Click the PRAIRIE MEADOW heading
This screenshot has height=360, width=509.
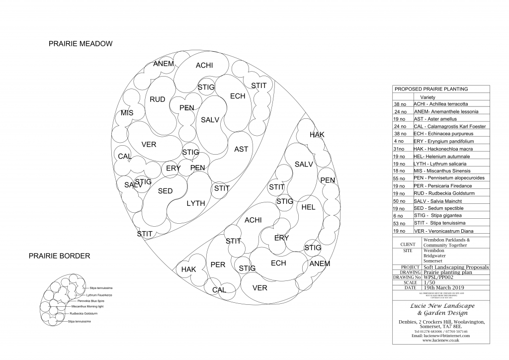pyautogui.click(x=81, y=44)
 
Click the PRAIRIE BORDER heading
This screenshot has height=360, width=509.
pyautogui.click(x=60, y=256)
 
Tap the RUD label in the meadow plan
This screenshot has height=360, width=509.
pyautogui.click(x=158, y=100)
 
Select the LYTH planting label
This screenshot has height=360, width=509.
pyautogui.click(x=196, y=203)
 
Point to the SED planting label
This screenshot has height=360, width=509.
pyautogui.click(x=165, y=191)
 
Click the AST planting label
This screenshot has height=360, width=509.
pyautogui.click(x=241, y=149)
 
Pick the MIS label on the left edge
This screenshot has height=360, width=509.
pyautogui.click(x=127, y=113)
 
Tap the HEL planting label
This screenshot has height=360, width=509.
pyautogui.click(x=308, y=207)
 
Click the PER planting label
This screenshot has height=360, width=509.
pyautogui.click(x=218, y=265)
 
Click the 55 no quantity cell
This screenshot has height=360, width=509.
pyautogui.click(x=400, y=178)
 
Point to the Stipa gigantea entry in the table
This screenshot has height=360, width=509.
pyautogui.click(x=440, y=216)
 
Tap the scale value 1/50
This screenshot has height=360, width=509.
pyautogui.click(x=428, y=282)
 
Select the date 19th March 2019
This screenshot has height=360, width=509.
pyautogui.click(x=443, y=287)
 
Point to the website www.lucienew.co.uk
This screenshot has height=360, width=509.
pyautogui.click(x=441, y=340)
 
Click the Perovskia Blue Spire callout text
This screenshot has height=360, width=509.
pyautogui.click(x=90, y=301)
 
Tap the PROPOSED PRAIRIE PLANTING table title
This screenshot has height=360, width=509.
pyautogui.click(x=431, y=89)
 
